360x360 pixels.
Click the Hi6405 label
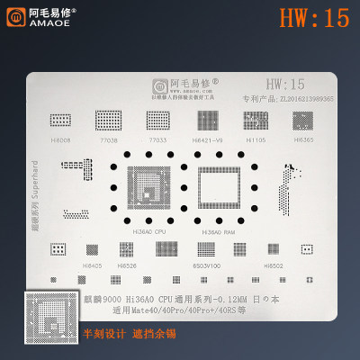(x=92, y=265)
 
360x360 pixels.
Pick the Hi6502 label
(x=274, y=265)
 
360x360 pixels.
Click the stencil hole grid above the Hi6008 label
(x=61, y=120)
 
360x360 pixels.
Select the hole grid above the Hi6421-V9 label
(x=207, y=120)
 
